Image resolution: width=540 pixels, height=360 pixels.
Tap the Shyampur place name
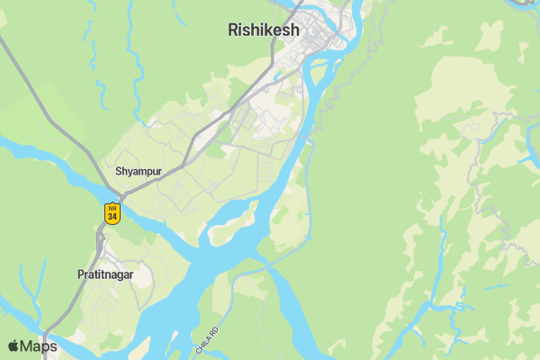138,170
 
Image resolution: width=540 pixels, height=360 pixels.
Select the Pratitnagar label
104,275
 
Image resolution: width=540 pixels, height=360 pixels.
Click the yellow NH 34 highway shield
112,213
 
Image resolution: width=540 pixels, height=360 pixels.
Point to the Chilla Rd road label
207,337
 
